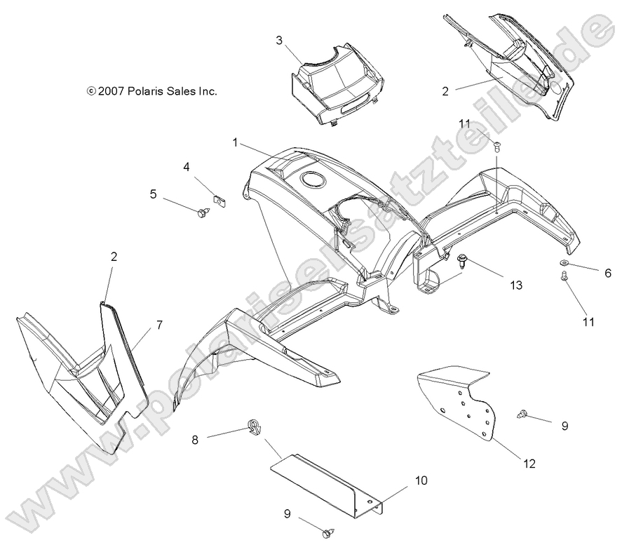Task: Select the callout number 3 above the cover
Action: tap(279, 41)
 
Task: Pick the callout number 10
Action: tap(420, 480)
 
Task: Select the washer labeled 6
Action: tap(564, 264)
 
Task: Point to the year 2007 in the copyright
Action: tap(111, 91)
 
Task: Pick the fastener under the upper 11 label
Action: tap(497, 146)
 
